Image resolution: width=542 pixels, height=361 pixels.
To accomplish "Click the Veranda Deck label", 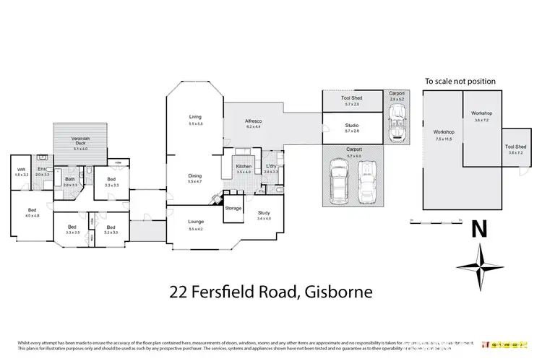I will click(85, 141).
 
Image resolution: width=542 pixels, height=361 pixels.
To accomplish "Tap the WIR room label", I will click(21, 170).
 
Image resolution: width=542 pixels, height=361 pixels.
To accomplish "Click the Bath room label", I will click(70, 179).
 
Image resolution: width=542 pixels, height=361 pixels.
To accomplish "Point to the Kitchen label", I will click(244, 167).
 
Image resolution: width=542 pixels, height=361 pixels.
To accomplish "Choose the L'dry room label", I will click(270, 167).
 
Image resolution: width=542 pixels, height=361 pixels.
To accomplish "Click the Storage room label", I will click(233, 208).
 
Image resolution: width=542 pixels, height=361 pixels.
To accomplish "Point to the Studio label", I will click(352, 126).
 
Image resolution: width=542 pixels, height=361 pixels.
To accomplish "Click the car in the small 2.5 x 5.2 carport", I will click(396, 121).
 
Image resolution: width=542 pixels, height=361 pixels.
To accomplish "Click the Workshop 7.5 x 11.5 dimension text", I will click(443, 138).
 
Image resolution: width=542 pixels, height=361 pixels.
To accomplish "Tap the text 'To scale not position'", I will click(459, 82).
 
